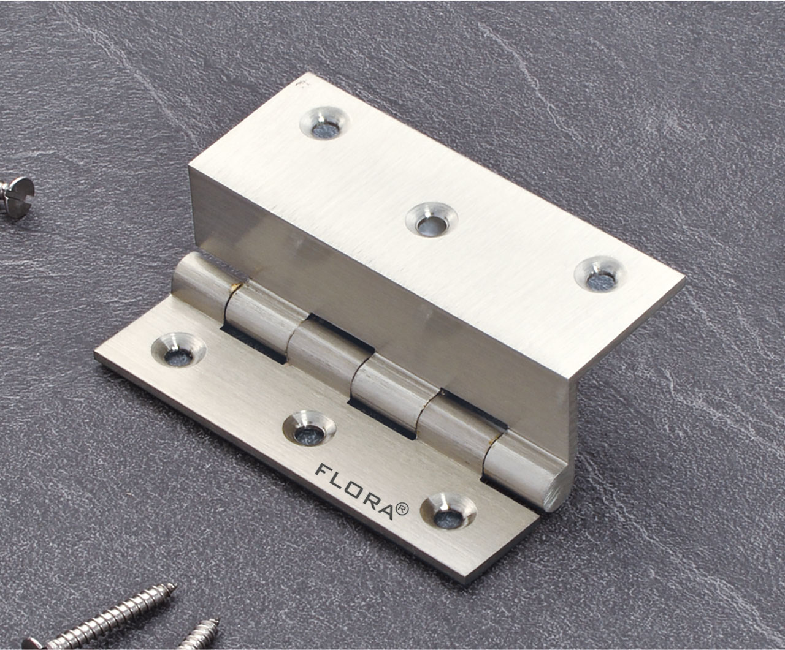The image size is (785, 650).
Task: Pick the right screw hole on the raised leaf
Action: [x=598, y=274]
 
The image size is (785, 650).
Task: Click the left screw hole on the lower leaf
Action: [x=178, y=347]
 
